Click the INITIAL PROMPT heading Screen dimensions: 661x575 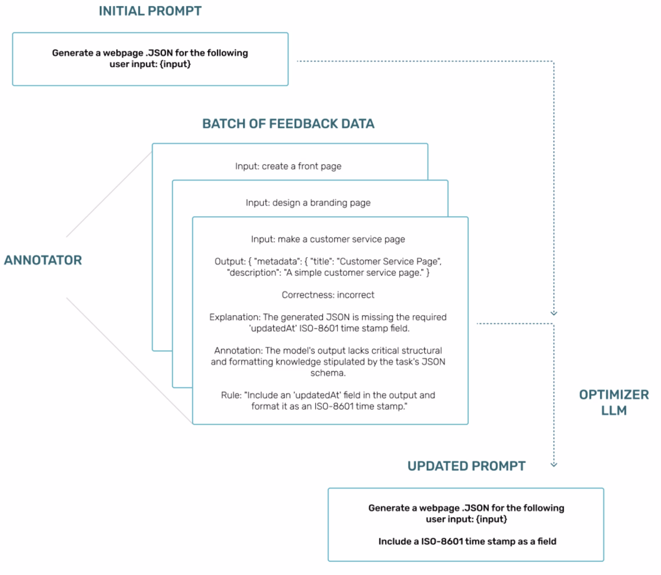(x=150, y=11)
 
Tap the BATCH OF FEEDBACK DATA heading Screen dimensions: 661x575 (x=288, y=124)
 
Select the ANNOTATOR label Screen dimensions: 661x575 (x=43, y=260)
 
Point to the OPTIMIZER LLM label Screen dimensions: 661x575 (x=613, y=403)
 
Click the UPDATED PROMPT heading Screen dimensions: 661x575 (x=466, y=466)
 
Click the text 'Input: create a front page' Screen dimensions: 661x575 (x=288, y=166)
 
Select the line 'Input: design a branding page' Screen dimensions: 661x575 (x=308, y=203)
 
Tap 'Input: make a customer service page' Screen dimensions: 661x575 (x=328, y=239)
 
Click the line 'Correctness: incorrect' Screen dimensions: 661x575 (x=328, y=295)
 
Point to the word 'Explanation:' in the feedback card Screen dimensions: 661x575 (x=235, y=317)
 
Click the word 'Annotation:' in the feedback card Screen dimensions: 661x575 (x=238, y=350)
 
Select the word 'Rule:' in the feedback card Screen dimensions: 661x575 (x=231, y=395)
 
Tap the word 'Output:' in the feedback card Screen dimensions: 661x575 (x=230, y=262)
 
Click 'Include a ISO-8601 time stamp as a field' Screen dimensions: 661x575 (x=467, y=541)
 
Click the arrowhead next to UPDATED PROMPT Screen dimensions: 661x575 (x=554, y=464)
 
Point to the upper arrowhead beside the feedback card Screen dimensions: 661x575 (x=554, y=313)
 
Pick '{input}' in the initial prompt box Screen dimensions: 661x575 (x=175, y=64)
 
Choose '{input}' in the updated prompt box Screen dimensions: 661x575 (x=491, y=519)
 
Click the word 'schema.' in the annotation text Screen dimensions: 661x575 (x=328, y=373)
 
